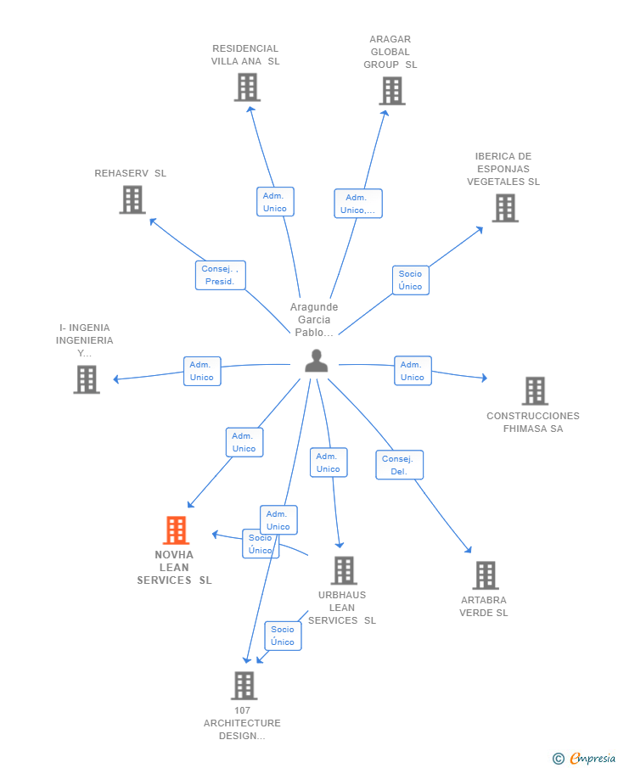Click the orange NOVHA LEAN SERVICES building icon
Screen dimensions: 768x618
[x=176, y=530]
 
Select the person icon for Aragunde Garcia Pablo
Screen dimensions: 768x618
[x=317, y=361]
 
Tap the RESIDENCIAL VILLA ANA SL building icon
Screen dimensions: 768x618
[x=247, y=87]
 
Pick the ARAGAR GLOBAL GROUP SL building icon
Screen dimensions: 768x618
[x=391, y=91]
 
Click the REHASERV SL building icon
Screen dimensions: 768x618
[x=132, y=199]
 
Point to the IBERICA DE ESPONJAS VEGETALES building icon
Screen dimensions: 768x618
[x=505, y=208]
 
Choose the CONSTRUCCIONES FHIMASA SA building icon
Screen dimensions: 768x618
[x=535, y=391]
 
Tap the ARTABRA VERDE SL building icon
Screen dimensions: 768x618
[x=485, y=575]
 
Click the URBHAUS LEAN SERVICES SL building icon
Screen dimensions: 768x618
[x=343, y=571]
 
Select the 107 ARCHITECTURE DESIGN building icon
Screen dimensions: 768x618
[x=244, y=686]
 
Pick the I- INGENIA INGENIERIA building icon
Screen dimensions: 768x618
[x=87, y=379]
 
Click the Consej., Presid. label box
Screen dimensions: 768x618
[x=220, y=275]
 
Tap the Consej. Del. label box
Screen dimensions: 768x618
[x=399, y=465]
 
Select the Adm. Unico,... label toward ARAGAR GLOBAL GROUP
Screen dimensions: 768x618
[x=357, y=204]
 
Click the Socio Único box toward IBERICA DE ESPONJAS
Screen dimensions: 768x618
[x=410, y=280]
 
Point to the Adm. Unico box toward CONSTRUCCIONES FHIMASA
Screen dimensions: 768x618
[x=413, y=371]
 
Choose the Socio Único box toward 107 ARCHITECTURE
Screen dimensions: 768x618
[x=283, y=636]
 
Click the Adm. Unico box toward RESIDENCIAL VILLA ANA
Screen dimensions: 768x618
[x=275, y=202]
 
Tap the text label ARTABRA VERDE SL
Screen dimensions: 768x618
[x=484, y=607]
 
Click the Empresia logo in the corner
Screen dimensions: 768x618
[x=585, y=758]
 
